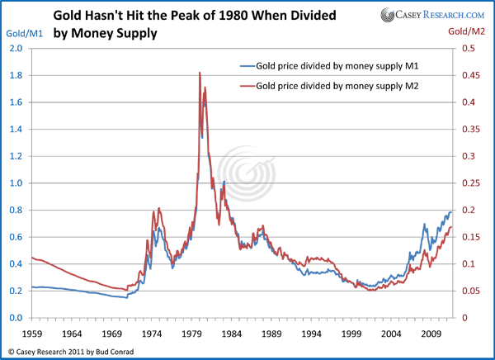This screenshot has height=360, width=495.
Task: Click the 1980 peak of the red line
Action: point(200,73)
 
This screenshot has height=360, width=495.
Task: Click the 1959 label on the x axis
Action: point(31,335)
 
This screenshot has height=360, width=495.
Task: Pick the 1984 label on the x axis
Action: point(235,335)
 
